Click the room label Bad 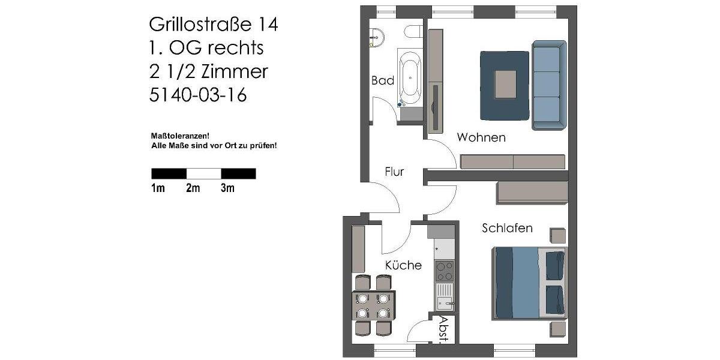(x=382, y=80)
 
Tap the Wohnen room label (x=481, y=137)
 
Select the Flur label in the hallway (x=394, y=172)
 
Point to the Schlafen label (x=507, y=229)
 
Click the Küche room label (x=403, y=265)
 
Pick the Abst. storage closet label (x=444, y=329)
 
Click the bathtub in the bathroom (x=411, y=77)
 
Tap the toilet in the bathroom (x=413, y=31)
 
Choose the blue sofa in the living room (x=548, y=85)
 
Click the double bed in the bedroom (x=528, y=282)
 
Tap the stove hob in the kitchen (x=444, y=271)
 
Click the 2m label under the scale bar (x=193, y=188)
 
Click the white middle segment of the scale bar (x=203, y=173)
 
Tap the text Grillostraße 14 (x=213, y=25)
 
